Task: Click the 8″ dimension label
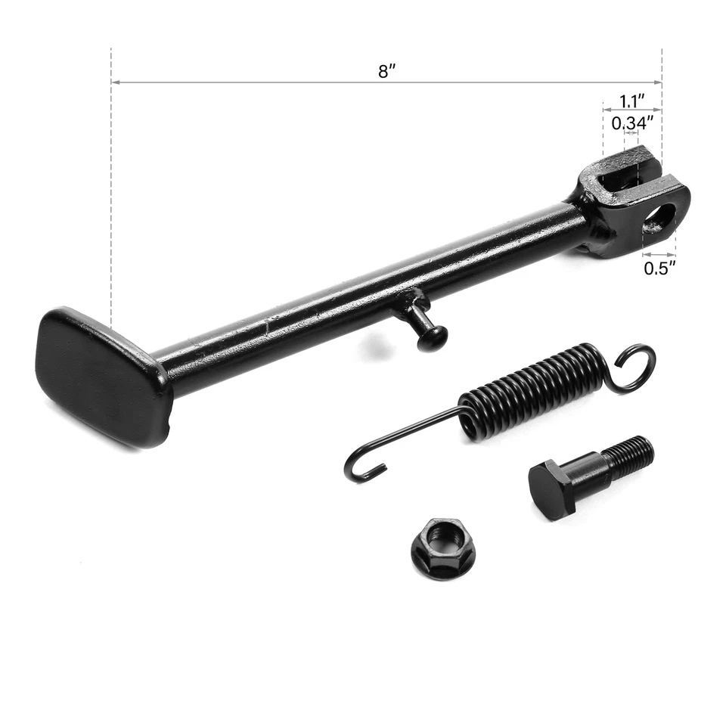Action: click(x=387, y=72)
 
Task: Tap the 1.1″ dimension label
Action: click(x=631, y=101)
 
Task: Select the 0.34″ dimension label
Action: click(x=631, y=123)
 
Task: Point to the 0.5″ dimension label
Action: click(x=659, y=268)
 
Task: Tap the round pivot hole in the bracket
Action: click(x=659, y=219)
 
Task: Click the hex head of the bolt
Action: click(x=551, y=490)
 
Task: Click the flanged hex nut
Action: click(x=443, y=548)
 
